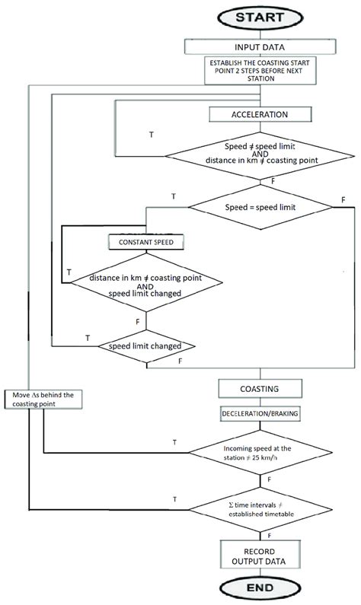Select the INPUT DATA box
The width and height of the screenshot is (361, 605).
point(260,46)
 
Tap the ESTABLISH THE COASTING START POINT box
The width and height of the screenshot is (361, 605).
point(260,71)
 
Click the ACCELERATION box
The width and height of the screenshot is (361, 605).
point(260,114)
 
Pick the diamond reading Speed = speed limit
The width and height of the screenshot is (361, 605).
point(260,205)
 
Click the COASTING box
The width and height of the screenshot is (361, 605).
point(260,388)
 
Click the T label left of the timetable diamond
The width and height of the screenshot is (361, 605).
point(176,498)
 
